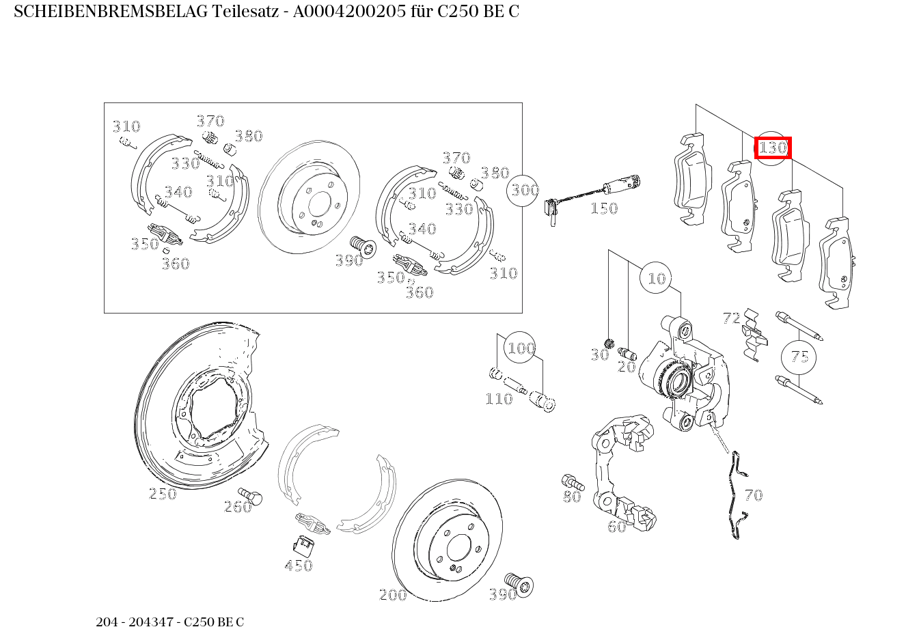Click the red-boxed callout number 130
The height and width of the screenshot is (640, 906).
click(773, 148)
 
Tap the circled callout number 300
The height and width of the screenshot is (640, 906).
click(524, 190)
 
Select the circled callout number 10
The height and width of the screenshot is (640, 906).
click(656, 278)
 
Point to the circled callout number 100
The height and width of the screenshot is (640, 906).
click(520, 348)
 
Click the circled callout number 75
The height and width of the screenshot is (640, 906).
click(799, 357)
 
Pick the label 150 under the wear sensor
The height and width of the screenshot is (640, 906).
click(603, 208)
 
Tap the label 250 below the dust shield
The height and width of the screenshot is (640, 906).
click(163, 493)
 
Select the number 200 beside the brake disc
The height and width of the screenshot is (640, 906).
click(393, 594)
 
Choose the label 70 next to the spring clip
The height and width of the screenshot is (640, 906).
click(753, 495)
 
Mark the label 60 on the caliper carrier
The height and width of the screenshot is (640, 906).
click(616, 526)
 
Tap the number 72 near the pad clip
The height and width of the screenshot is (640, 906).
click(731, 318)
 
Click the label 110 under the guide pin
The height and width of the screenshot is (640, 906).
click(499, 399)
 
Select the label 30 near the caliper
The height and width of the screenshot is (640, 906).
click(599, 354)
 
